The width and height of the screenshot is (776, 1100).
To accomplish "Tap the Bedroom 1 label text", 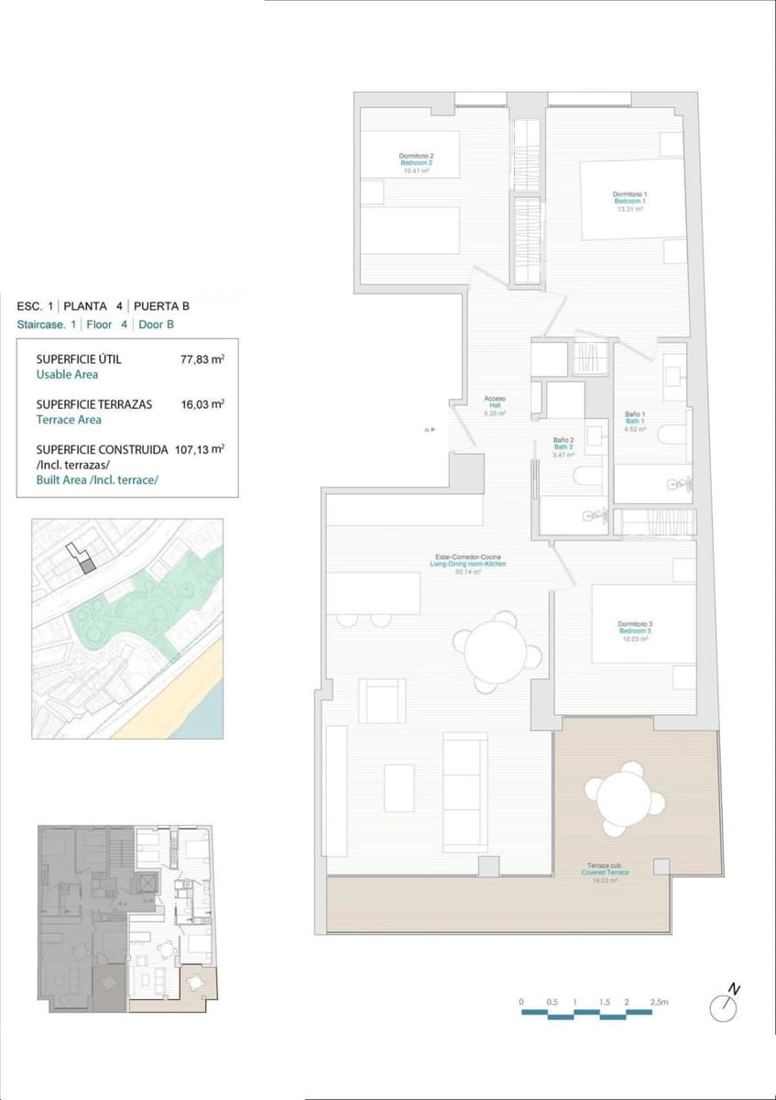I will [629, 201].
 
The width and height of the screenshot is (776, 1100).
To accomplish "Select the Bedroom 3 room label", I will [634, 632].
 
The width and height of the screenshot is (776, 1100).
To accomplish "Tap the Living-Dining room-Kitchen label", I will [469, 564].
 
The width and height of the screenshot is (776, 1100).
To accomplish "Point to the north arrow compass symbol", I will [724, 1006].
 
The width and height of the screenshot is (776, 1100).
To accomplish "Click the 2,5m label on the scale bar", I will [659, 1003].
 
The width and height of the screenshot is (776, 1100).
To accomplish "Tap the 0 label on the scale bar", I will [520, 1003].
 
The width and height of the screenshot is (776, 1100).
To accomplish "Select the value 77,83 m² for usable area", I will [202, 359].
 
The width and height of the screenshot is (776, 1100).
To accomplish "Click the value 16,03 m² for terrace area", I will [202, 404].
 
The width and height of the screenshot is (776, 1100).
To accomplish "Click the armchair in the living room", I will [382, 700].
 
